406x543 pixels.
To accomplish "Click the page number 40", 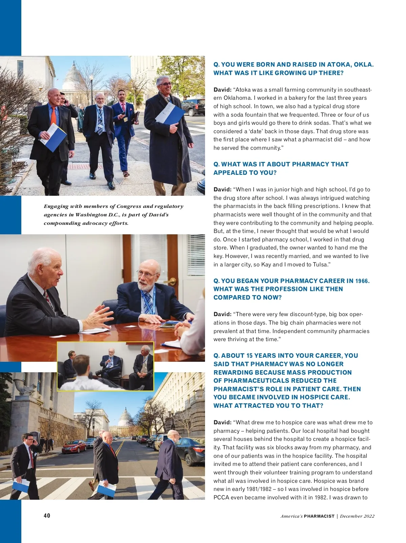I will tap(47, 515).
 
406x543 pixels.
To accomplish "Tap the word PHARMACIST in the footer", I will tap(319, 516).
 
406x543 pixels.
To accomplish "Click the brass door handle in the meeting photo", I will tap(173, 281).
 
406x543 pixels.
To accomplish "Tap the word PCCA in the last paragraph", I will tap(221, 497).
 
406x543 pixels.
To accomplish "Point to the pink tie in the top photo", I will tap(123, 108).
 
